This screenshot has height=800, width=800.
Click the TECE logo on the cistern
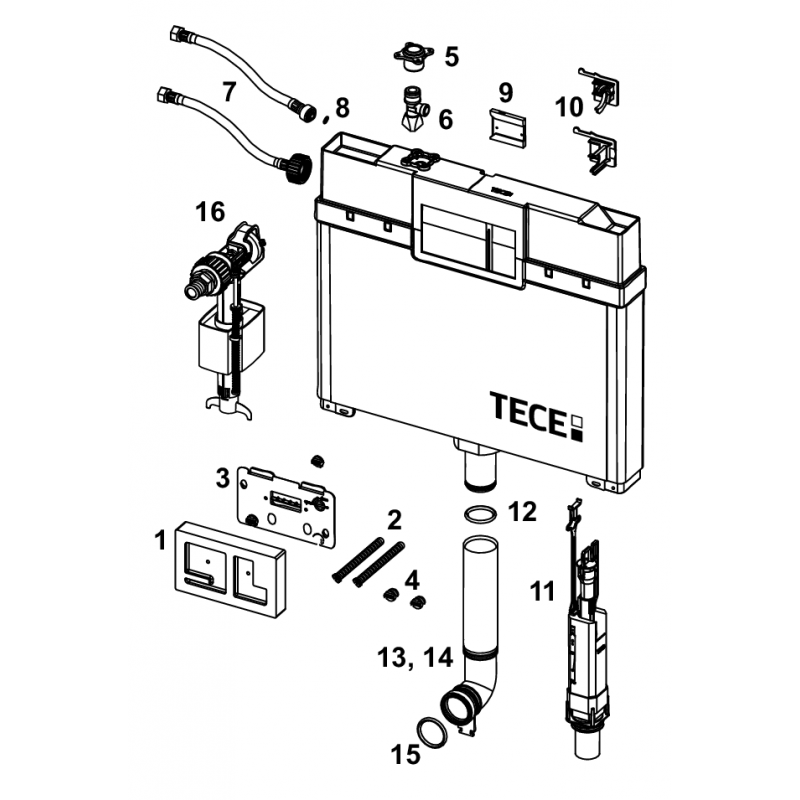point(536,416)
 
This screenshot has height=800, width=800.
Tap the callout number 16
point(210,211)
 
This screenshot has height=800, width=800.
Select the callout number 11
point(542,592)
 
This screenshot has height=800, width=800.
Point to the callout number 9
point(505,93)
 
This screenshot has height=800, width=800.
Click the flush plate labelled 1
point(230,569)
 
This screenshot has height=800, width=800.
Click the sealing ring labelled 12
point(480,513)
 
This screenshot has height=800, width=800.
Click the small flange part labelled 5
point(413,56)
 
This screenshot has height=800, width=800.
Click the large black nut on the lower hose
point(297,167)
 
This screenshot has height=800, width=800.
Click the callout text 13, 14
point(415,657)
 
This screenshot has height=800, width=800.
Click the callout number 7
point(229,91)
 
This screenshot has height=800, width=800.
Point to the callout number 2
point(394,519)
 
